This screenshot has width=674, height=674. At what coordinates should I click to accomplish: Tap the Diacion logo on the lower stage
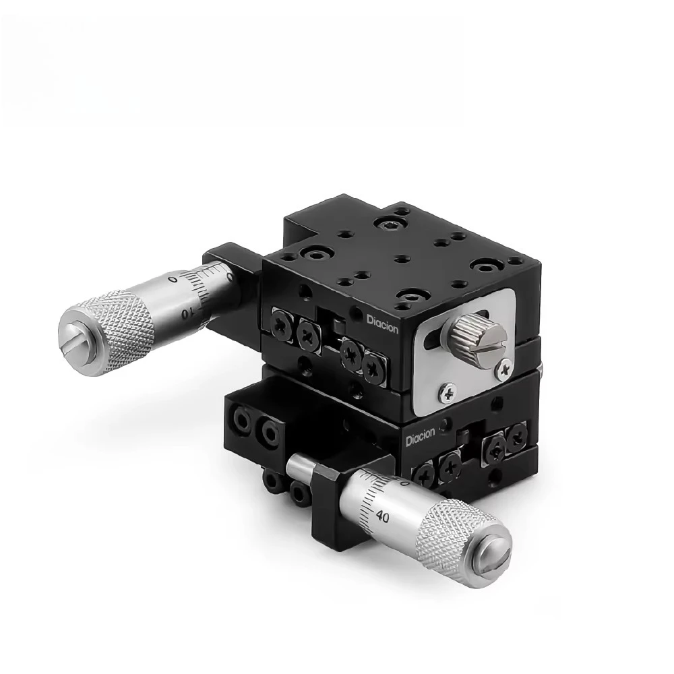pyautogui.click(x=422, y=439)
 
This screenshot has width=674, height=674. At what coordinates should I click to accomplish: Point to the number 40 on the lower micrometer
pyautogui.click(x=383, y=517)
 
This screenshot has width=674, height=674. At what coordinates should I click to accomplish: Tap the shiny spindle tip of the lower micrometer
pyautogui.click(x=297, y=466)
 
